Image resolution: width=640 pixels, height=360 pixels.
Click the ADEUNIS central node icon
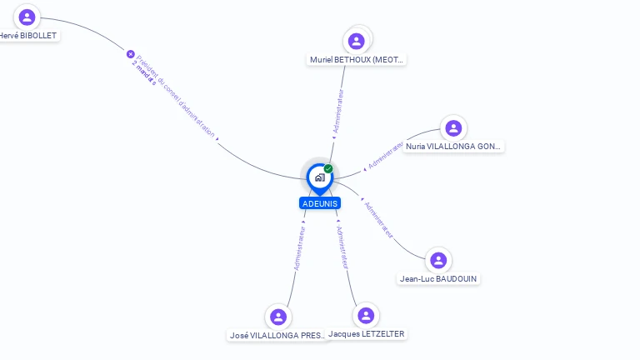point(319,177)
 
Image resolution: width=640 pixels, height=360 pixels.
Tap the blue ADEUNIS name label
point(320,203)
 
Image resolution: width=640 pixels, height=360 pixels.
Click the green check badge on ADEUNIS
point(328,168)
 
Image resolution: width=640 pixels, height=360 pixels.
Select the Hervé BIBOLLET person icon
point(27,17)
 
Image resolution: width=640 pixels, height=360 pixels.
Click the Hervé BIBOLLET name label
point(28,36)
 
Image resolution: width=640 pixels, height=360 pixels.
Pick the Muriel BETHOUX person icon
point(357,41)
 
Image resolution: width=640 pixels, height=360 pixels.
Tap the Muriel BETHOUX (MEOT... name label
point(357,60)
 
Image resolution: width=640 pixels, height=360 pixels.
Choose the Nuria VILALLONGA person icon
point(453,128)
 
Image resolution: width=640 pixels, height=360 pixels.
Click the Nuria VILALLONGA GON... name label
point(453,147)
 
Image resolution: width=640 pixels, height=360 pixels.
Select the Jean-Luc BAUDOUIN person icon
point(438,260)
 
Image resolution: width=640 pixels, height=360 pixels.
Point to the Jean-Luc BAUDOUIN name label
point(439,278)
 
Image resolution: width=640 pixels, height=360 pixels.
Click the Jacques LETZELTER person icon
point(365,316)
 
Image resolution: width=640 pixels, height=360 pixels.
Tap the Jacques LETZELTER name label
point(367,334)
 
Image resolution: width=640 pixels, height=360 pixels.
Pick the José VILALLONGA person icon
point(278,317)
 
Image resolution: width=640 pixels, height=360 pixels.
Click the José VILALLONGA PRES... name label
point(279,335)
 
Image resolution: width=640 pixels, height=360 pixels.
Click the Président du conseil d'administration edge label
point(176,97)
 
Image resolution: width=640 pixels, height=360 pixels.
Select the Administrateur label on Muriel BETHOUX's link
point(337,111)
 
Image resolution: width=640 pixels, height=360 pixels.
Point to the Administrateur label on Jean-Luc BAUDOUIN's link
point(378,219)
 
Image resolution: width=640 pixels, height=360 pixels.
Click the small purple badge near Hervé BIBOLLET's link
point(131,54)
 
